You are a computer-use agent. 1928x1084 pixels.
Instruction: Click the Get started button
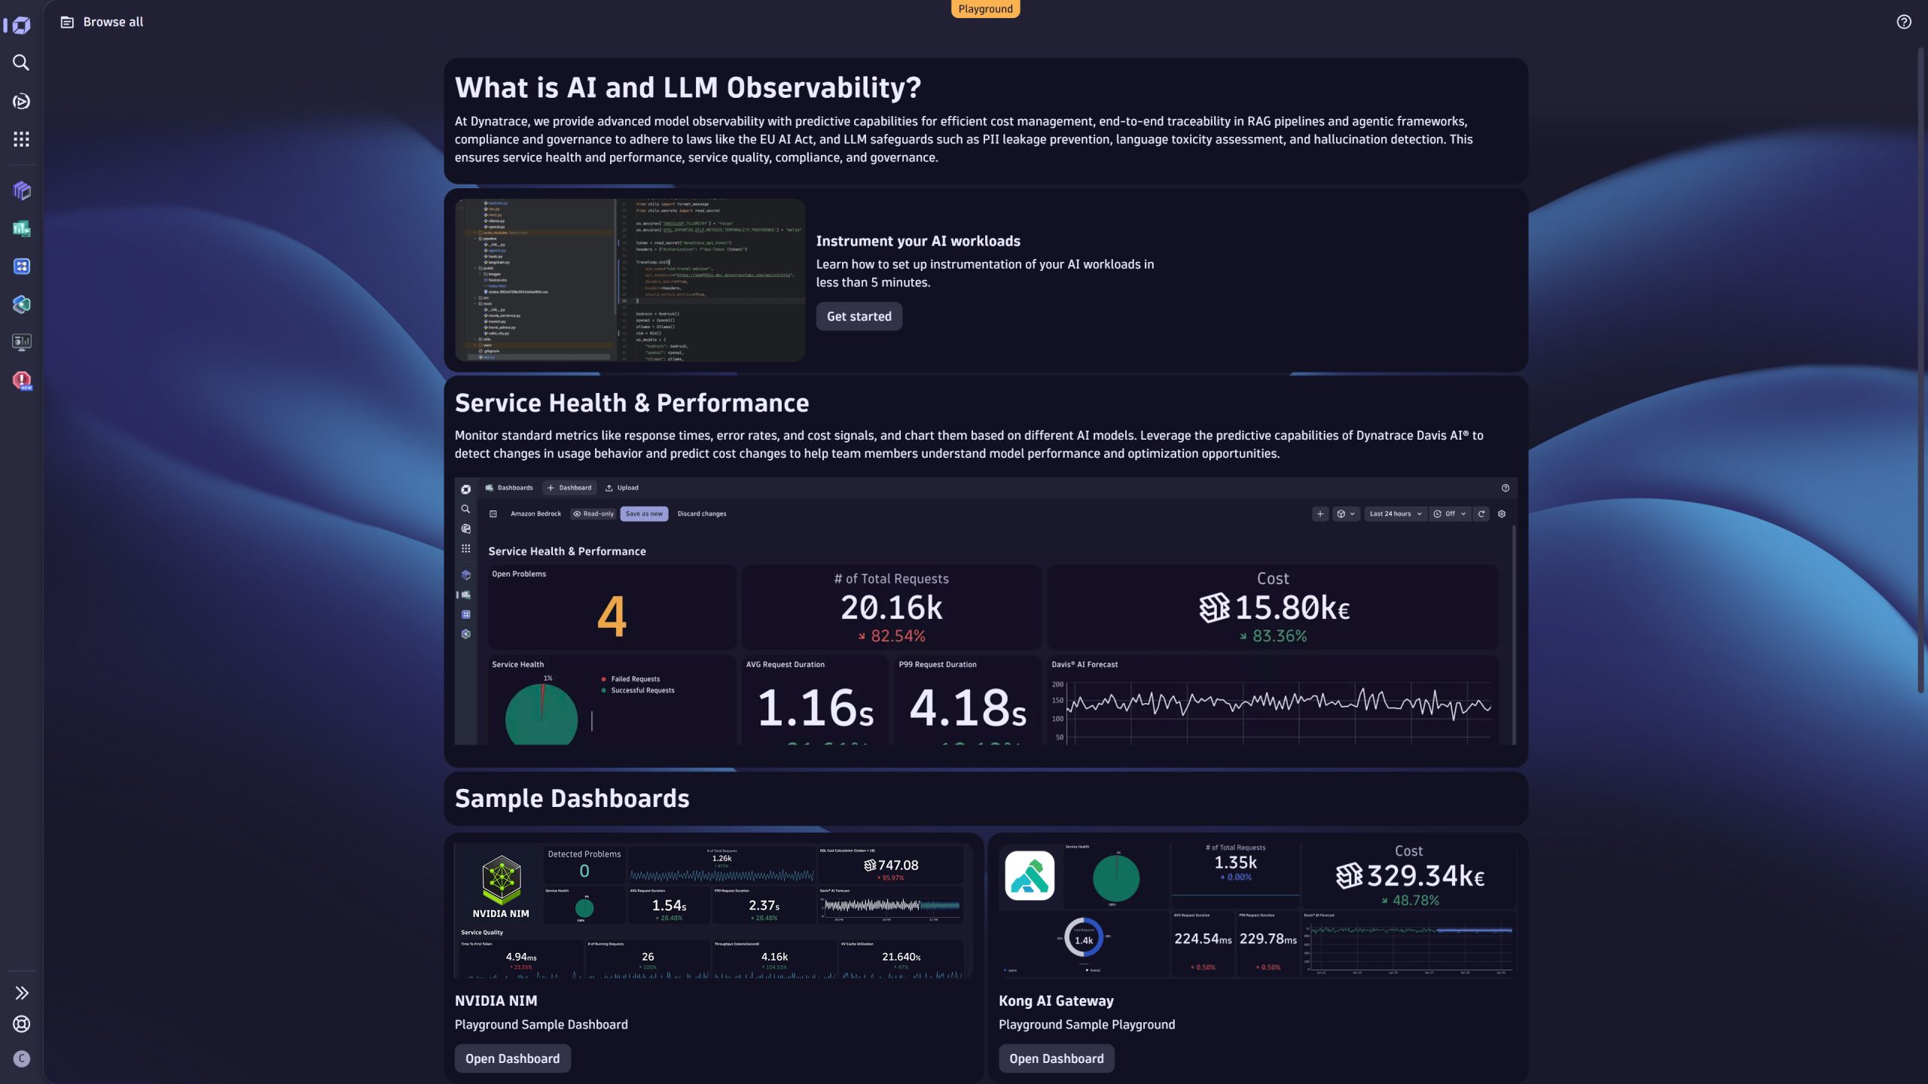click(859, 316)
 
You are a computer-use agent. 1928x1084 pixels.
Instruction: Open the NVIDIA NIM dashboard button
click(512, 1058)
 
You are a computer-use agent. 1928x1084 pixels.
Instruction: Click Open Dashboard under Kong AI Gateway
click(1056, 1058)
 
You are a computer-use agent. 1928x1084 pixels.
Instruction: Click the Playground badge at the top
click(985, 9)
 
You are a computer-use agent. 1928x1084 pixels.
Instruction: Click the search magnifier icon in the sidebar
click(21, 62)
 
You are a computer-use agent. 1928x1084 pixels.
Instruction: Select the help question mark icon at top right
click(1903, 22)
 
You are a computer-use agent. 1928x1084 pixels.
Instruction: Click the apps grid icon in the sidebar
click(21, 139)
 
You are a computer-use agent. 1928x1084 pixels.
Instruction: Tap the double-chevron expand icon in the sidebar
click(21, 993)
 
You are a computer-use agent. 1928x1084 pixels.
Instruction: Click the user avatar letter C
click(21, 1059)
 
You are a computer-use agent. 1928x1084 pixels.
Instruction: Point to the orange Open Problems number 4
click(611, 617)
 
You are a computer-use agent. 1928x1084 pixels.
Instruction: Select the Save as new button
click(644, 514)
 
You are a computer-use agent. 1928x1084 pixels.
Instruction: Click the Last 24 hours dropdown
click(1395, 514)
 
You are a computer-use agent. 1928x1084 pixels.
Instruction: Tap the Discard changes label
click(701, 514)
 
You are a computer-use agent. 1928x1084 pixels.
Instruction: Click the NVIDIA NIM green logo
click(501, 879)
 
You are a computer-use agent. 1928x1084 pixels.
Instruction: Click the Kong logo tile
click(1030, 875)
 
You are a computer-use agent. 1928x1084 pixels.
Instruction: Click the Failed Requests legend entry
click(635, 679)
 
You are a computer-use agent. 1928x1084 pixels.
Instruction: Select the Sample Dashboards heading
click(572, 798)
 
